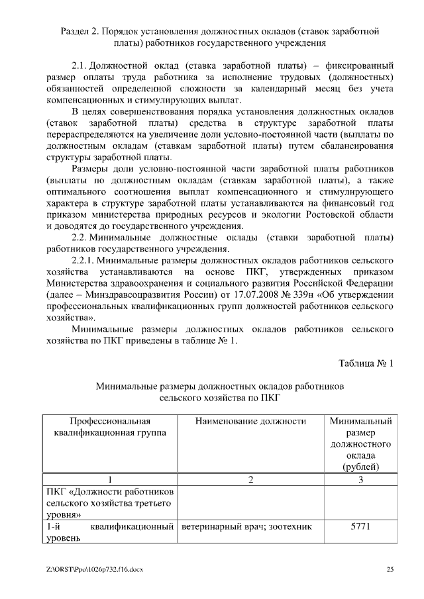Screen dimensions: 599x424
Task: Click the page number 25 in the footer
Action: coord(391,570)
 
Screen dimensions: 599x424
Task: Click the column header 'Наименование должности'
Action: coord(251,421)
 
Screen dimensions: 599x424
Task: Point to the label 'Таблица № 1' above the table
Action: coord(366,363)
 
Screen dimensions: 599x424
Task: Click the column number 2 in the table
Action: coord(251,480)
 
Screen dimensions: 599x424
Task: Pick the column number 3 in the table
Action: coord(360,480)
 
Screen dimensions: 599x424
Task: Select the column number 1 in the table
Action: coord(110,480)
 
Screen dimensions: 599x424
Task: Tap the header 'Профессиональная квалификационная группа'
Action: coord(110,427)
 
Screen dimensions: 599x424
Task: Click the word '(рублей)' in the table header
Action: coord(360,467)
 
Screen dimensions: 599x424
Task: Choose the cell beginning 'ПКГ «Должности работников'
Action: coord(110,503)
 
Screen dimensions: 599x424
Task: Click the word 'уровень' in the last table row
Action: coord(64,539)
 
